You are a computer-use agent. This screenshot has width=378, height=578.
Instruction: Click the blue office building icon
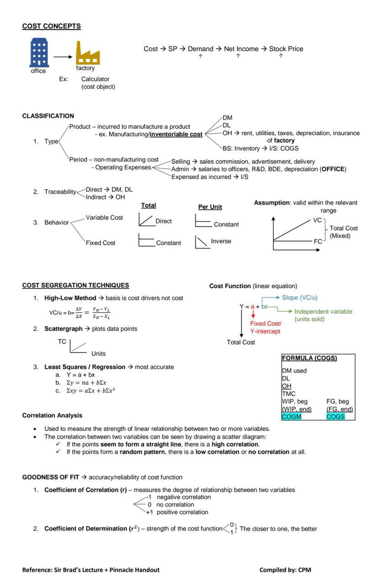(x=39, y=53)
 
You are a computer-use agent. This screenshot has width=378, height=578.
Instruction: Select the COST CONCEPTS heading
(x=51, y=26)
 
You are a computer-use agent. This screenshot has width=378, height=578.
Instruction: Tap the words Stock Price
(x=286, y=49)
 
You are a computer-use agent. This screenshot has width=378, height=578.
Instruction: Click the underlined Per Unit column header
(x=210, y=207)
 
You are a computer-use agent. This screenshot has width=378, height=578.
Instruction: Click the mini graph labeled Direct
(x=146, y=220)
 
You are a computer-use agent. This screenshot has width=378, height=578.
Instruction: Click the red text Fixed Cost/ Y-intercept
(x=265, y=327)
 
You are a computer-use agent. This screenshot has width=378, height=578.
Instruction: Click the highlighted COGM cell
(x=292, y=417)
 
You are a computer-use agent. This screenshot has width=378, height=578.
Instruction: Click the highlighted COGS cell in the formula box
(x=336, y=417)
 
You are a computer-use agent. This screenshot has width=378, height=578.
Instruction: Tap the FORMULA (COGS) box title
(x=309, y=358)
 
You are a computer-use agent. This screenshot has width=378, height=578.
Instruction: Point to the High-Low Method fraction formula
(x=80, y=313)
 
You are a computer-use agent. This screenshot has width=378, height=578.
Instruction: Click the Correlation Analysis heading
(x=52, y=415)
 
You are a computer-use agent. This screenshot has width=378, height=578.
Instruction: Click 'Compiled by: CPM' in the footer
(x=285, y=570)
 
